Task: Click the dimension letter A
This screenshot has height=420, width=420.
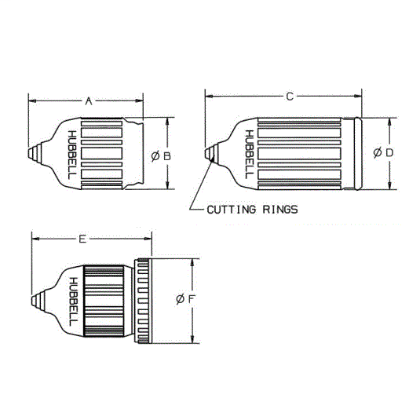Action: pos(89,100)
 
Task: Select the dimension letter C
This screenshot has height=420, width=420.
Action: pos(289,96)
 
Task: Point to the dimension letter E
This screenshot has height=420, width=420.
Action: pos(83,237)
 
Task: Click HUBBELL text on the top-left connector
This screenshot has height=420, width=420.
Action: pos(72,154)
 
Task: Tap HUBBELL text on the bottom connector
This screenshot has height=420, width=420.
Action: pos(73,301)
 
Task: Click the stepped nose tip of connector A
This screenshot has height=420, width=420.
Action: pos(33,153)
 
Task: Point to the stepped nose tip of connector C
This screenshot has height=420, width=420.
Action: pos(210,153)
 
